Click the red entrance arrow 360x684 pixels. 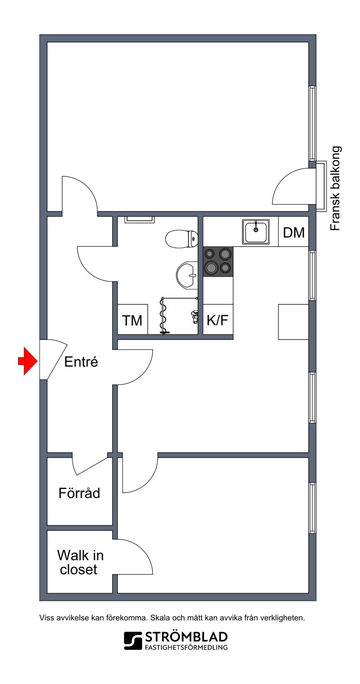pyautogui.click(x=28, y=361)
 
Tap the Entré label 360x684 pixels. pyautogui.click(x=81, y=362)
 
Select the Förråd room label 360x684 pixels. pyautogui.click(x=79, y=493)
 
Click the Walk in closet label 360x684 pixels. pyautogui.click(x=80, y=562)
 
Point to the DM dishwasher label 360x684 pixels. pyautogui.click(x=294, y=232)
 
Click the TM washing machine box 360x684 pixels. pyautogui.click(x=133, y=319)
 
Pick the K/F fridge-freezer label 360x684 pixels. pyautogui.click(x=218, y=320)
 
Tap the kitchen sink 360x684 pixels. pyautogui.click(x=256, y=232)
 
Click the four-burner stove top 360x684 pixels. pyautogui.click(x=218, y=262)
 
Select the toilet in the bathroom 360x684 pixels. pyautogui.click(x=181, y=239)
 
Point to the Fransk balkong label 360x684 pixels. pyautogui.click(x=335, y=188)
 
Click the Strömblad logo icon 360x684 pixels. pyautogui.click(x=133, y=641)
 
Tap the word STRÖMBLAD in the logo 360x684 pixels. pyautogui.click(x=186, y=637)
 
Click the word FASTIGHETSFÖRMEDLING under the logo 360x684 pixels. pyautogui.click(x=186, y=648)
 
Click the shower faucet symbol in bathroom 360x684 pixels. pyautogui.click(x=194, y=316)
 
